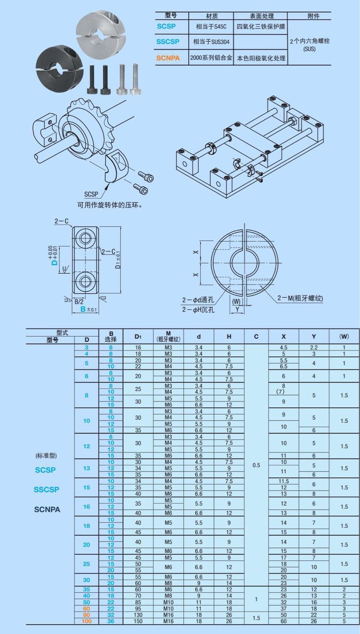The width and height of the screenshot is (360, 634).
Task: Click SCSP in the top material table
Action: point(166,26)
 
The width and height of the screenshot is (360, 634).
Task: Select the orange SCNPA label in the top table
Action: point(168,58)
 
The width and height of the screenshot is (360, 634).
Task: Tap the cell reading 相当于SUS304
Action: point(211,42)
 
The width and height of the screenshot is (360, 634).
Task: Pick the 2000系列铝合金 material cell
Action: point(211,58)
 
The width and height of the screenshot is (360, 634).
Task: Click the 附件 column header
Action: point(313,16)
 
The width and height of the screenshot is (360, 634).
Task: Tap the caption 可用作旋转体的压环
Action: point(110,205)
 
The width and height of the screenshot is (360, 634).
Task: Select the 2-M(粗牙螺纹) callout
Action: point(300,298)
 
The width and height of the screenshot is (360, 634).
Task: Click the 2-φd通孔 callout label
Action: point(198,300)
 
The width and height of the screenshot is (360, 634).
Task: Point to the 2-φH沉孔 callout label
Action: point(198,309)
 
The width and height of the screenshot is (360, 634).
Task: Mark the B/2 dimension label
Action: point(79,302)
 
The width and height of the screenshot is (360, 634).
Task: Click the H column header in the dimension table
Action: point(229,336)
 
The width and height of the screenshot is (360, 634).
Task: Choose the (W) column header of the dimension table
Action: point(344,336)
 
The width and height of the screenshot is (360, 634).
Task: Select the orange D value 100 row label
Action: point(86,621)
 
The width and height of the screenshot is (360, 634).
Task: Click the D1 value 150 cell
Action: point(138,621)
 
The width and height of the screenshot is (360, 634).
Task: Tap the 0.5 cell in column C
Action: point(256,465)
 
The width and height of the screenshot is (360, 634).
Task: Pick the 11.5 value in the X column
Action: point(283,481)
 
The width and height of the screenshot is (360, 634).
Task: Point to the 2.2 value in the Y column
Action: point(314,348)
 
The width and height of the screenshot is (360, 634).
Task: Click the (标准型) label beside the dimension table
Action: point(46,456)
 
